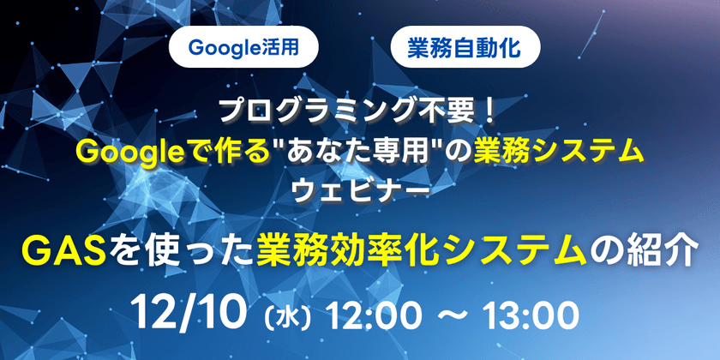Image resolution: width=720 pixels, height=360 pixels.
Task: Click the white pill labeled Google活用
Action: (243, 47)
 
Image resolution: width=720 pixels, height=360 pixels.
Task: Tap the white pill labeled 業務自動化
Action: (465, 47)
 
